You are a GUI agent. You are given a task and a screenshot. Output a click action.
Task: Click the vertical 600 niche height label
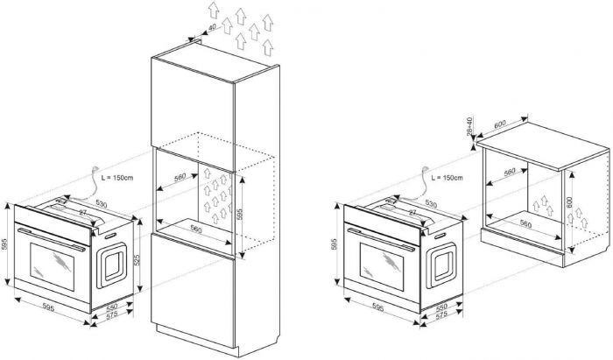coord(570,201)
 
